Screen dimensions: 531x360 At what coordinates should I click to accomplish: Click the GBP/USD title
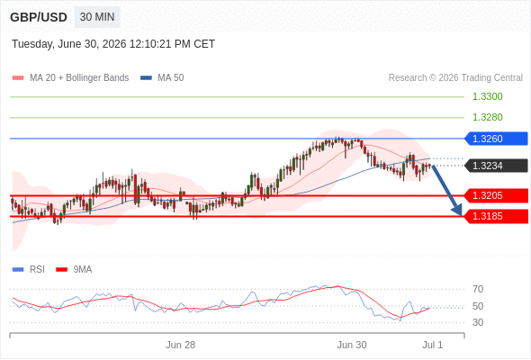39,17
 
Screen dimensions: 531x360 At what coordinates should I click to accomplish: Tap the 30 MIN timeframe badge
97,17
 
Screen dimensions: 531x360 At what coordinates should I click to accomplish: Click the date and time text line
113,44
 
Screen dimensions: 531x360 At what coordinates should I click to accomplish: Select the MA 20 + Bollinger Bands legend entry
70,78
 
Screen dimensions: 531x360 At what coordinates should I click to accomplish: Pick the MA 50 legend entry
162,78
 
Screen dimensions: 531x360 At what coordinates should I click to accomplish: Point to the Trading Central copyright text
455,78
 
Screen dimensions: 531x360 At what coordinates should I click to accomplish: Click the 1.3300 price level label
487,96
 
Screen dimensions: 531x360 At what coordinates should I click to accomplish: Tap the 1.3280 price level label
487,117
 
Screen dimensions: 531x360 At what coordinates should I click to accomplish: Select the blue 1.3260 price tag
496,139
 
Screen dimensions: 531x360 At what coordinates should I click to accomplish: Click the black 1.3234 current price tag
496,166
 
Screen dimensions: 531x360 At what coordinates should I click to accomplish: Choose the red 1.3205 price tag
496,195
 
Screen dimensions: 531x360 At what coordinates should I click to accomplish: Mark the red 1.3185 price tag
496,216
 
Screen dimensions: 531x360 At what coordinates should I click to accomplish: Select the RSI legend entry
29,270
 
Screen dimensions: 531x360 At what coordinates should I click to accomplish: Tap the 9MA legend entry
74,270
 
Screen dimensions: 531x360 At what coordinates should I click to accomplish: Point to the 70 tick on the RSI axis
478,289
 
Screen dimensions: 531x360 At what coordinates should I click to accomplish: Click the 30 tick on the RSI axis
478,322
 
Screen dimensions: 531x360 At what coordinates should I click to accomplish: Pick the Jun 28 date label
181,345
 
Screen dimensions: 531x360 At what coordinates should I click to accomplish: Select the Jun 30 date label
352,345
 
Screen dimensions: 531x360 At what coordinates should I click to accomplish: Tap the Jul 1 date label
433,345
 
